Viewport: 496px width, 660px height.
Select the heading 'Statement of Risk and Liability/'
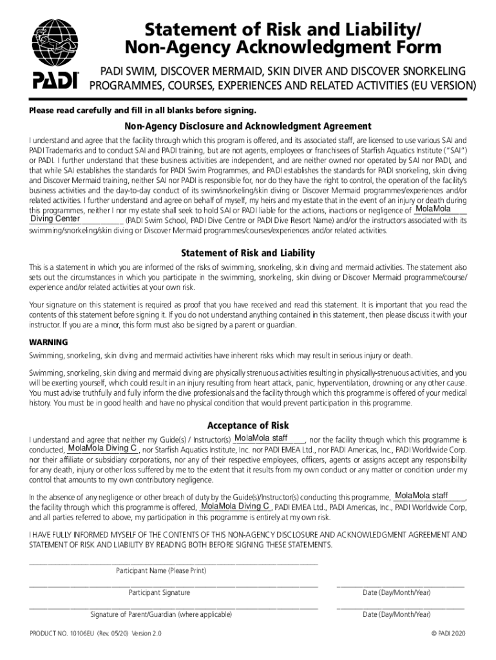284,28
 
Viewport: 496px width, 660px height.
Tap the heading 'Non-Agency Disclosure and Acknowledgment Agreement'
248,126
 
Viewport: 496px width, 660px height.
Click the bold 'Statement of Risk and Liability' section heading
248,253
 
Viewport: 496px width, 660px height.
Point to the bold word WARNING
48,342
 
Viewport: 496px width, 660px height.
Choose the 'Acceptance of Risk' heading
248,425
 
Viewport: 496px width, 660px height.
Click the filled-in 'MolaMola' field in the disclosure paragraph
434,209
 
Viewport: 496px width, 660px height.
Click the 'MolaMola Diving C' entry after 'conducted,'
102,448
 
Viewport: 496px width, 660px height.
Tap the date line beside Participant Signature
400,586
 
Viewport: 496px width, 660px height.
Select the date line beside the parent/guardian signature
400,608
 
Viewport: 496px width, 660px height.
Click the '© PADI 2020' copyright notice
447,634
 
